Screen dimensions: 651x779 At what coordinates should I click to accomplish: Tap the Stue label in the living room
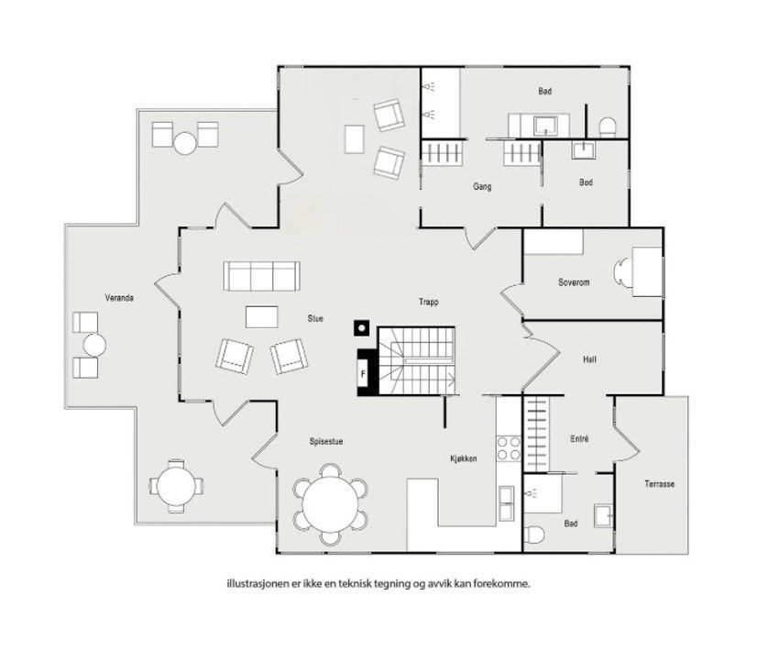[x=315, y=319]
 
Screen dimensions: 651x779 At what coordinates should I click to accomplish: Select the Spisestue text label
[x=325, y=441]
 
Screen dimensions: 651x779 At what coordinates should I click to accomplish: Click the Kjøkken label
[x=463, y=458]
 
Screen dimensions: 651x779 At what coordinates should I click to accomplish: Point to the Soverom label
[x=574, y=282]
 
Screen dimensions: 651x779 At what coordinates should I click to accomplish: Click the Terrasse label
[x=659, y=484]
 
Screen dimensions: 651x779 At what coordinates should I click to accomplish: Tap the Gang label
[x=482, y=187]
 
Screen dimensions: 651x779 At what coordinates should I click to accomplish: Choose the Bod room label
[x=586, y=182]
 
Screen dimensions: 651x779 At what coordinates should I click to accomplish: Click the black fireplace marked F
[x=365, y=372]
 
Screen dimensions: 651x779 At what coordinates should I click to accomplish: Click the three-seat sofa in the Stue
[x=262, y=275]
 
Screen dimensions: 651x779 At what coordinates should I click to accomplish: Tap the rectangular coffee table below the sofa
[x=262, y=316]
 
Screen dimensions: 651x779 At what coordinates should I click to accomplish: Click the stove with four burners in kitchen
[x=509, y=448]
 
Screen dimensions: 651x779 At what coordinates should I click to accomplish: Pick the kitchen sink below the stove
[x=507, y=500]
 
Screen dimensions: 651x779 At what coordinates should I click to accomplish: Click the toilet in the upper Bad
[x=606, y=125]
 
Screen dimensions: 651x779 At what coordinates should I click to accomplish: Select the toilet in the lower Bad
[x=537, y=535]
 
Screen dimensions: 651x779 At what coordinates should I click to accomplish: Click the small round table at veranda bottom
[x=175, y=485]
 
